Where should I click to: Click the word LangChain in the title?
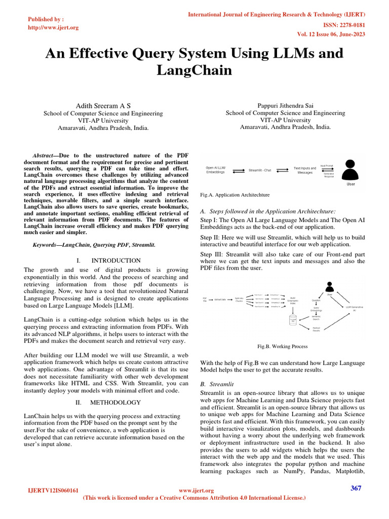pyautogui.click(x=194, y=70)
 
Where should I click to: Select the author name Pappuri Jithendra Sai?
pyautogui.click(x=285, y=105)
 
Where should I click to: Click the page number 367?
pyautogui.click(x=357, y=488)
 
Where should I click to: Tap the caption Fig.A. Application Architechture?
pyautogui.click(x=236, y=195)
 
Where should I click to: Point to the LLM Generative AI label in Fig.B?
pyautogui.click(x=354, y=309)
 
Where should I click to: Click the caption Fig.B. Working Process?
pyautogui.click(x=283, y=347)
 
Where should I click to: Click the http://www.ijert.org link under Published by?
pyautogui.click(x=53, y=27)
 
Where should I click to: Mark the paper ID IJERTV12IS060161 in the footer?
pyautogui.click(x=53, y=491)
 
